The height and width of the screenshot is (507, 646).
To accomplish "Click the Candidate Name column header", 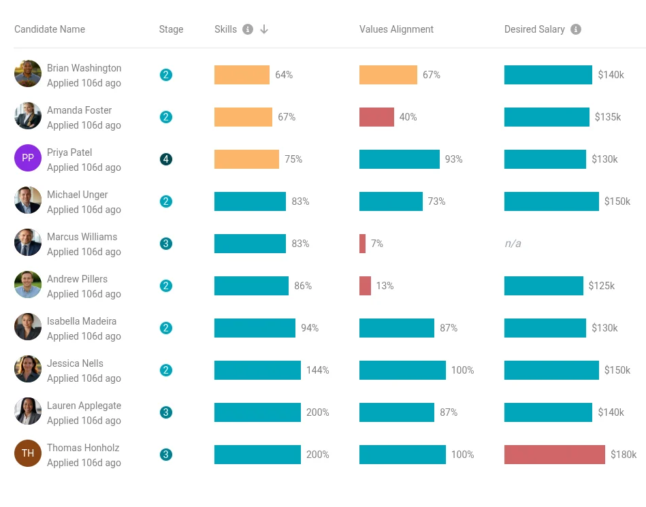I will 50,29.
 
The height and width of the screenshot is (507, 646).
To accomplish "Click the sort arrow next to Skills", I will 264,29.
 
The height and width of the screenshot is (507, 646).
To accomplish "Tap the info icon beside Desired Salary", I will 576,29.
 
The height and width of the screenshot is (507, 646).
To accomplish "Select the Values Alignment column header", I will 396,29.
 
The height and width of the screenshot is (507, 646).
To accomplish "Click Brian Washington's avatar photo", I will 28,73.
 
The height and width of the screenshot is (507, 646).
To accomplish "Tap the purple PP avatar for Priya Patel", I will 28,158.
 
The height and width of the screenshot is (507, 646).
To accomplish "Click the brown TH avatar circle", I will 28,453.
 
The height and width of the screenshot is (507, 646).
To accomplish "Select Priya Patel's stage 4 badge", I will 166,159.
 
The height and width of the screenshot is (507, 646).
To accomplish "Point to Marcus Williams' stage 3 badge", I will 166,244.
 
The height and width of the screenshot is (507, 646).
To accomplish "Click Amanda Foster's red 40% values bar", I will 376,117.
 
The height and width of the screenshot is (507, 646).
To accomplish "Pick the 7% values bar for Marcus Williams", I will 362,244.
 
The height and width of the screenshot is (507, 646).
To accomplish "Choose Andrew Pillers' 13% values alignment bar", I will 365,286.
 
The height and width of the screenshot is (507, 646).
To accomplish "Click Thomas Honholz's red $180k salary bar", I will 554,455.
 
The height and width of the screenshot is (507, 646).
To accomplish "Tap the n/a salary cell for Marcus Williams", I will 513,244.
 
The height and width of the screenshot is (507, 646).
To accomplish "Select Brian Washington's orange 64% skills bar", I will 242,75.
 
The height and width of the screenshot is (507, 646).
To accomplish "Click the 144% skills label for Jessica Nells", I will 317,370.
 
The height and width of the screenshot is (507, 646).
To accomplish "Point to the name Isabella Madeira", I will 82,321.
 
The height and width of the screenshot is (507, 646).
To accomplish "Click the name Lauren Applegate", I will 84,406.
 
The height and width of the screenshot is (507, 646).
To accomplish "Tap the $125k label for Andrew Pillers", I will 602,286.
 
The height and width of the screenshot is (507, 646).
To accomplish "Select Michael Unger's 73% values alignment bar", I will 391,201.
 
